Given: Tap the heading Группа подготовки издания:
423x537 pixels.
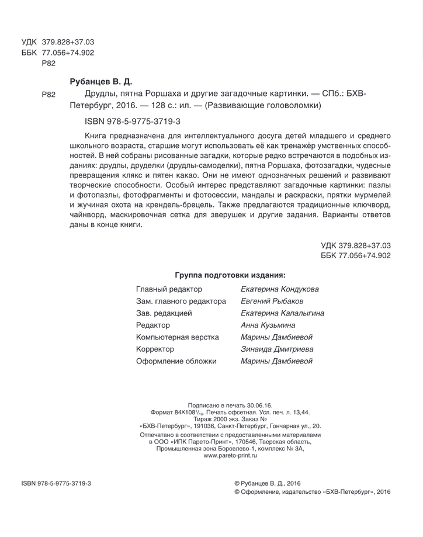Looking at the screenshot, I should pyautogui.click(x=230, y=275).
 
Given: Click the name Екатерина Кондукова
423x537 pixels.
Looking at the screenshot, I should pyautogui.click(x=280, y=289).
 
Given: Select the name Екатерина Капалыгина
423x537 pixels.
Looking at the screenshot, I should pyautogui.click(x=282, y=313).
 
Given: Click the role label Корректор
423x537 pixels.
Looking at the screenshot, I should pyautogui.click(x=155, y=349).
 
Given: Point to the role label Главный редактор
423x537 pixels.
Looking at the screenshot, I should pyautogui.click(x=169, y=289).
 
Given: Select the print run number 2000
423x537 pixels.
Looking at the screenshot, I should pyautogui.click(x=214, y=419).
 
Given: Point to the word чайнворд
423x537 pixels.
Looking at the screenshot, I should pyautogui.click(x=87, y=216).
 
